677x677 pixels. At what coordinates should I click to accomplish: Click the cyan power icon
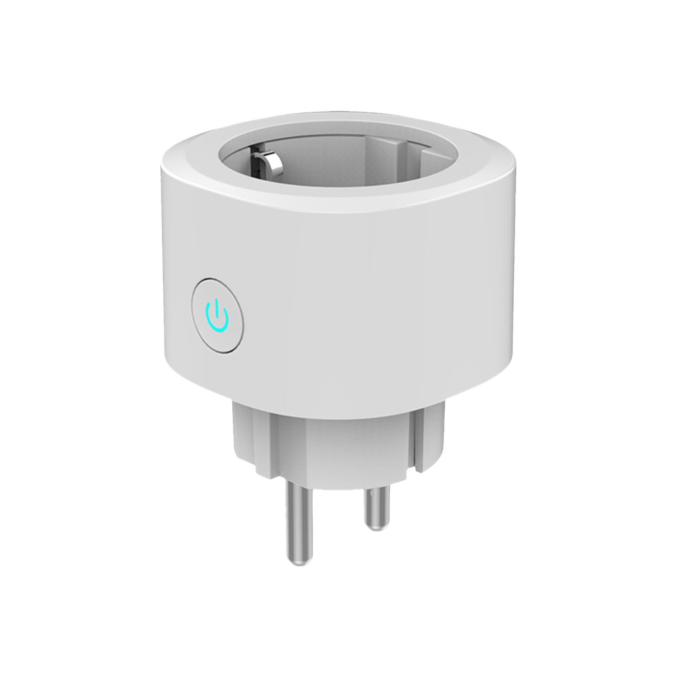[x=216, y=315]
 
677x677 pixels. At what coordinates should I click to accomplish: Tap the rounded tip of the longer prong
[x=296, y=559]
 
